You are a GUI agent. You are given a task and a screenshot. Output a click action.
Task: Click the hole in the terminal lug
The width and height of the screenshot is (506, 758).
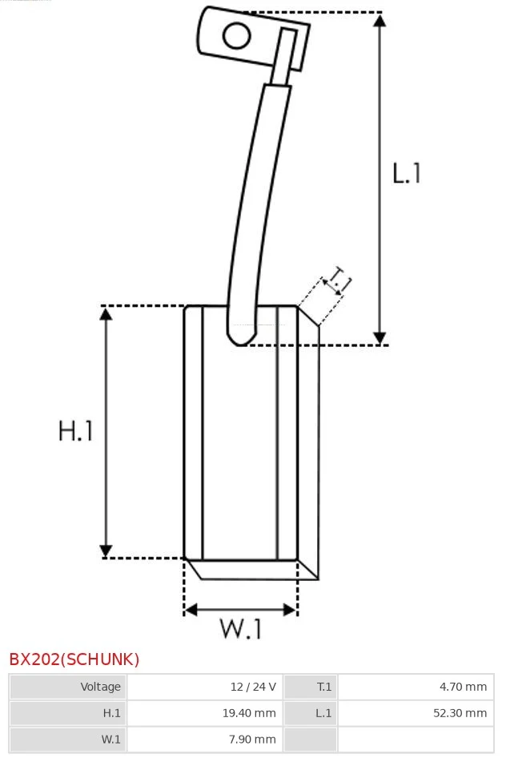pyautogui.click(x=236, y=36)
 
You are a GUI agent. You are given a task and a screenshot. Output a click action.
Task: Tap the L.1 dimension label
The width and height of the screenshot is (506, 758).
pyautogui.click(x=407, y=173)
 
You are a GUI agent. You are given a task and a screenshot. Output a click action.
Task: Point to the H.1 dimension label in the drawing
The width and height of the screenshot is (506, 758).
pyautogui.click(x=75, y=431)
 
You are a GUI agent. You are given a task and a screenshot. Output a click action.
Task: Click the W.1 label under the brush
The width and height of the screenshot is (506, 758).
pyautogui.click(x=241, y=628)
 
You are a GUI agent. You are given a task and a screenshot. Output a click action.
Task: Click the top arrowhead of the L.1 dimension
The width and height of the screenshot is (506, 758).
pyautogui.click(x=380, y=20)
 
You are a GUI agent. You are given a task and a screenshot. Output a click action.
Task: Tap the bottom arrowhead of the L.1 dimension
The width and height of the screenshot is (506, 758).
pyautogui.click(x=380, y=338)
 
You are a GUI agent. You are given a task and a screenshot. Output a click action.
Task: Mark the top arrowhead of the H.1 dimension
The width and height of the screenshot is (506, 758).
pyautogui.click(x=106, y=314)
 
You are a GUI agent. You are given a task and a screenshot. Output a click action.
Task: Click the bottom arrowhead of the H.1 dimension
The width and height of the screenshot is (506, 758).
pyautogui.click(x=106, y=550)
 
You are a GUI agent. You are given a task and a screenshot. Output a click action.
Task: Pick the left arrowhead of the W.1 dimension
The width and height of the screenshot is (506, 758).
pyautogui.click(x=191, y=610)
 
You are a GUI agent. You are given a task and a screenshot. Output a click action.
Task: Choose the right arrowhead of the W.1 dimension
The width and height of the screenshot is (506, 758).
pyautogui.click(x=290, y=610)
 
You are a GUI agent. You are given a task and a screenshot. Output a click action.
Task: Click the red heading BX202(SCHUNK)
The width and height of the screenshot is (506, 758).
pyautogui.click(x=74, y=659)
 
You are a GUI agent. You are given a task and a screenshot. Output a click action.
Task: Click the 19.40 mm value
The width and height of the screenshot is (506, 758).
pyautogui.click(x=249, y=713)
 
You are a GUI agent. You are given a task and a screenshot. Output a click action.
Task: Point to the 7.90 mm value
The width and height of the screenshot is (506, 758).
pyautogui.click(x=252, y=739)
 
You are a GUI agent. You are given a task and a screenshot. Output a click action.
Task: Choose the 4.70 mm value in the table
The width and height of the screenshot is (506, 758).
pyautogui.click(x=463, y=687)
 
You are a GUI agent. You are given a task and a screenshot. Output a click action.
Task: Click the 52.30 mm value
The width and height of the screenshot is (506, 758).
pyautogui.click(x=460, y=713)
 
